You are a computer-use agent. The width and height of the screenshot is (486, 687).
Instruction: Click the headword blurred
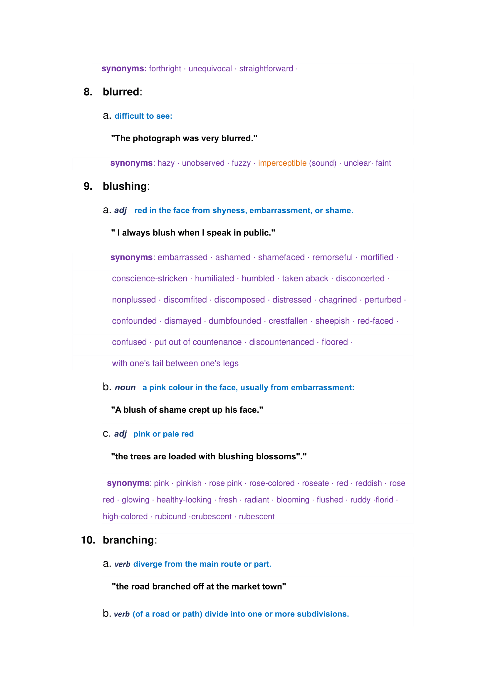pos(121,92)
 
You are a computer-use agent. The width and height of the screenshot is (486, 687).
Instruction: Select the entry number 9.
pos(88,187)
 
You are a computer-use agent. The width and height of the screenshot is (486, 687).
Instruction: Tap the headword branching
pos(128,540)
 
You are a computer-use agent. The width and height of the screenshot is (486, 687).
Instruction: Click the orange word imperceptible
pos(282,163)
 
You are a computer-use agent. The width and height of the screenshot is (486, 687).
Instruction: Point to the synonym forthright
pos(165,69)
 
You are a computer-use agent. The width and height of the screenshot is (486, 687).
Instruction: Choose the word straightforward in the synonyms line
pos(266,69)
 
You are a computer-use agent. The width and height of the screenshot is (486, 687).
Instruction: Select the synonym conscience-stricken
pos(150,278)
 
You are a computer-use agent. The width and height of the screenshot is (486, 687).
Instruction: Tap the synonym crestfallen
pos(288,321)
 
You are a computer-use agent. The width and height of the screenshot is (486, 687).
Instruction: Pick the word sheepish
pos(332,321)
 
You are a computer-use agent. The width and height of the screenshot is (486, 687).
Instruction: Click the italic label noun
pos(125,388)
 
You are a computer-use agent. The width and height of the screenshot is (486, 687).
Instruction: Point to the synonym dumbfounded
pos(234,321)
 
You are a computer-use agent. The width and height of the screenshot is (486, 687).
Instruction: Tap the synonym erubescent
pos(211,517)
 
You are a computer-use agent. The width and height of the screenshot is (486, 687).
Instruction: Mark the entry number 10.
pos(88,540)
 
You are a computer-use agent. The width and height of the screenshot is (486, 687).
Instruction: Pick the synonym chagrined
pos(338,300)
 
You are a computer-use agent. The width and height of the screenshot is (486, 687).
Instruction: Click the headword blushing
pos(125,187)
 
